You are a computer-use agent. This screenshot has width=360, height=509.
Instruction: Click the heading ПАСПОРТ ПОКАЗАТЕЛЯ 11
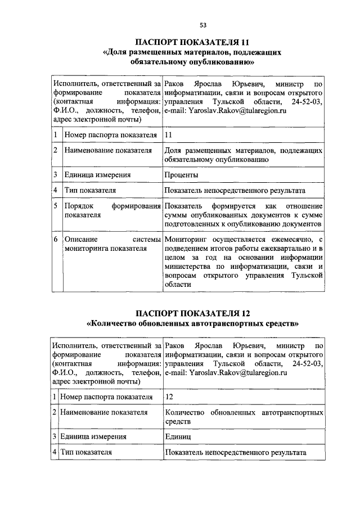tap(192, 42)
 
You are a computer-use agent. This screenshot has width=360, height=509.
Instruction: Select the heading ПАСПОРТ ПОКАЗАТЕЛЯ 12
tap(192, 314)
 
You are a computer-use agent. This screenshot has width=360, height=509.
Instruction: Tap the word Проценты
tap(182, 175)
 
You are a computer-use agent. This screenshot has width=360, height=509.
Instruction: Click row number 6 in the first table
tap(56, 240)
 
